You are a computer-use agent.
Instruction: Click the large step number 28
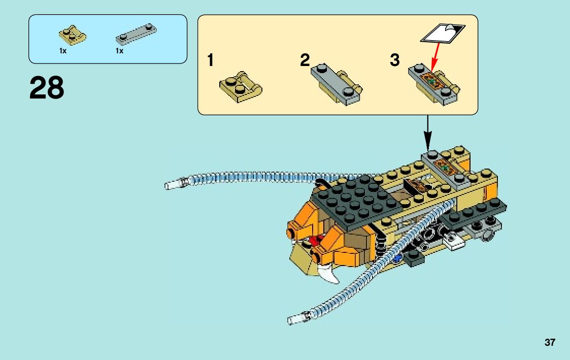click(x=47, y=88)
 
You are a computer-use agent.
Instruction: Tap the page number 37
click(x=550, y=342)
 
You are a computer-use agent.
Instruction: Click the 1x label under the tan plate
click(x=63, y=51)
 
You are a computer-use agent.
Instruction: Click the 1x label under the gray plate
click(x=119, y=51)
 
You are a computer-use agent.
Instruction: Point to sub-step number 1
click(x=210, y=61)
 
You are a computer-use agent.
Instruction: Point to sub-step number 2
click(x=305, y=60)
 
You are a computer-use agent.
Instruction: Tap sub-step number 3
click(x=395, y=60)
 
